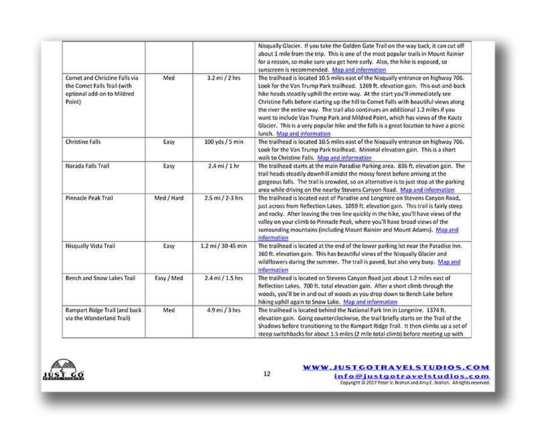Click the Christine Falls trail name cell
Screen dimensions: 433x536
(x=82, y=143)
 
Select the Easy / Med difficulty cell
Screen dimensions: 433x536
(x=169, y=277)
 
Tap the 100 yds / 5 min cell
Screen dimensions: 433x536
(x=224, y=143)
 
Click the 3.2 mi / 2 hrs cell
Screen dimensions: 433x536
(x=224, y=78)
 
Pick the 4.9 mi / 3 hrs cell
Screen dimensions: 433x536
(x=224, y=310)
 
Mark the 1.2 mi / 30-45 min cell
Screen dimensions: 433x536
(x=224, y=246)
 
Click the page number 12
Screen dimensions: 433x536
(x=267, y=373)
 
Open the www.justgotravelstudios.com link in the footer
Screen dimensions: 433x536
(x=396, y=367)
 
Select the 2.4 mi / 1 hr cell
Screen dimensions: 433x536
(x=224, y=166)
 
